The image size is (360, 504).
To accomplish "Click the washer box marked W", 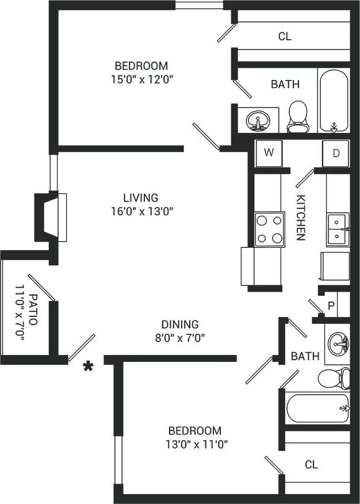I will [x=269, y=152].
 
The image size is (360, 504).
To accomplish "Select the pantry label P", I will [x=331, y=305].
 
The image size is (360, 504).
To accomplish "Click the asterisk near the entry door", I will [x=89, y=366].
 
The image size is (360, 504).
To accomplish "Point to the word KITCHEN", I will [x=301, y=217].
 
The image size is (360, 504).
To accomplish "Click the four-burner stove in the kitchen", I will [x=270, y=228].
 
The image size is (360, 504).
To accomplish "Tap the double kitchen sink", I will [x=337, y=229].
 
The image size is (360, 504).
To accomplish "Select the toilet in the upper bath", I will [x=297, y=116].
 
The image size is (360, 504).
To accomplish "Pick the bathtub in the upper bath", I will [x=334, y=101].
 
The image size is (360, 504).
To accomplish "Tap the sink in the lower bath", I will [x=338, y=345].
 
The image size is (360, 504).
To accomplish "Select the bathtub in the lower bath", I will [x=317, y=408].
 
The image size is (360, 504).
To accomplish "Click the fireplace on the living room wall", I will [x=51, y=217].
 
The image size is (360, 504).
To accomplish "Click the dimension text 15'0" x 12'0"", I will [x=141, y=78].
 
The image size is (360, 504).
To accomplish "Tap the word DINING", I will [x=179, y=324].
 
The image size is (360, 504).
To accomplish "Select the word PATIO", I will [x=32, y=310].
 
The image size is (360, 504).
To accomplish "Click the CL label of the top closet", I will [x=285, y=36].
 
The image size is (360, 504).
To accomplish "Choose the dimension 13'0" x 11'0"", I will [x=194, y=444].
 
